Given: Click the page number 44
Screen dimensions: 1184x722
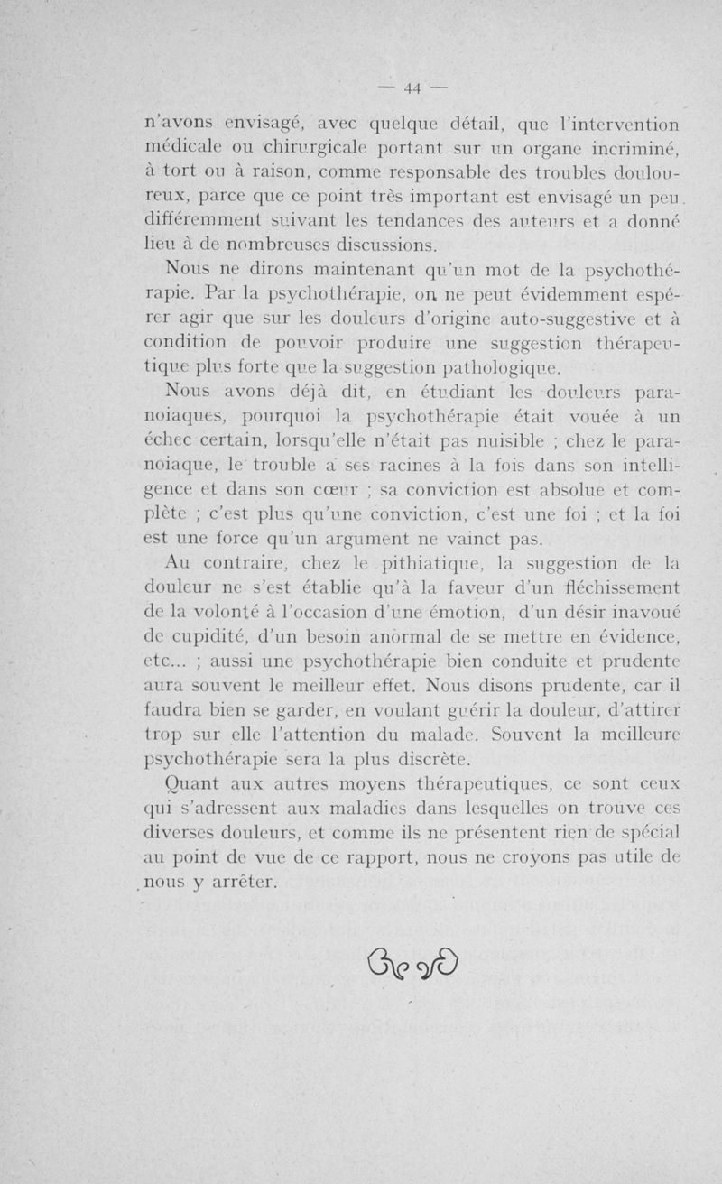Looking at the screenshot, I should coord(414,88).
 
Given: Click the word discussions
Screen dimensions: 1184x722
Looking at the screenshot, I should coord(384,245).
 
